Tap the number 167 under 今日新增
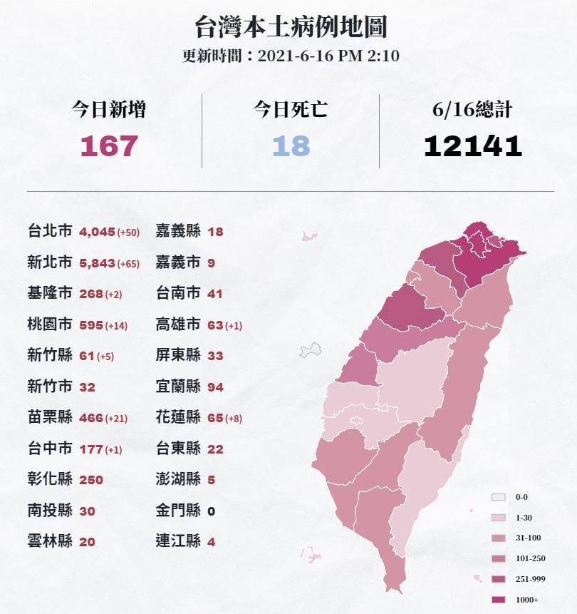(109, 146)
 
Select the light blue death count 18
(291, 146)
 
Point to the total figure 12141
(472, 146)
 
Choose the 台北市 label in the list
(50, 232)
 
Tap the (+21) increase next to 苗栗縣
(116, 419)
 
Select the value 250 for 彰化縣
(91, 480)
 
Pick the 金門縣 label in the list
(178, 511)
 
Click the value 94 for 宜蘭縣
(215, 387)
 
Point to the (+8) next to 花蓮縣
(234, 419)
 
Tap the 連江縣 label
(178, 541)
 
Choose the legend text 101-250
(531, 558)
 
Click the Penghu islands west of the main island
(310, 349)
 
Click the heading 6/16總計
(472, 110)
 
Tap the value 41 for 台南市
(215, 294)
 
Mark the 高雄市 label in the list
(178, 325)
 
